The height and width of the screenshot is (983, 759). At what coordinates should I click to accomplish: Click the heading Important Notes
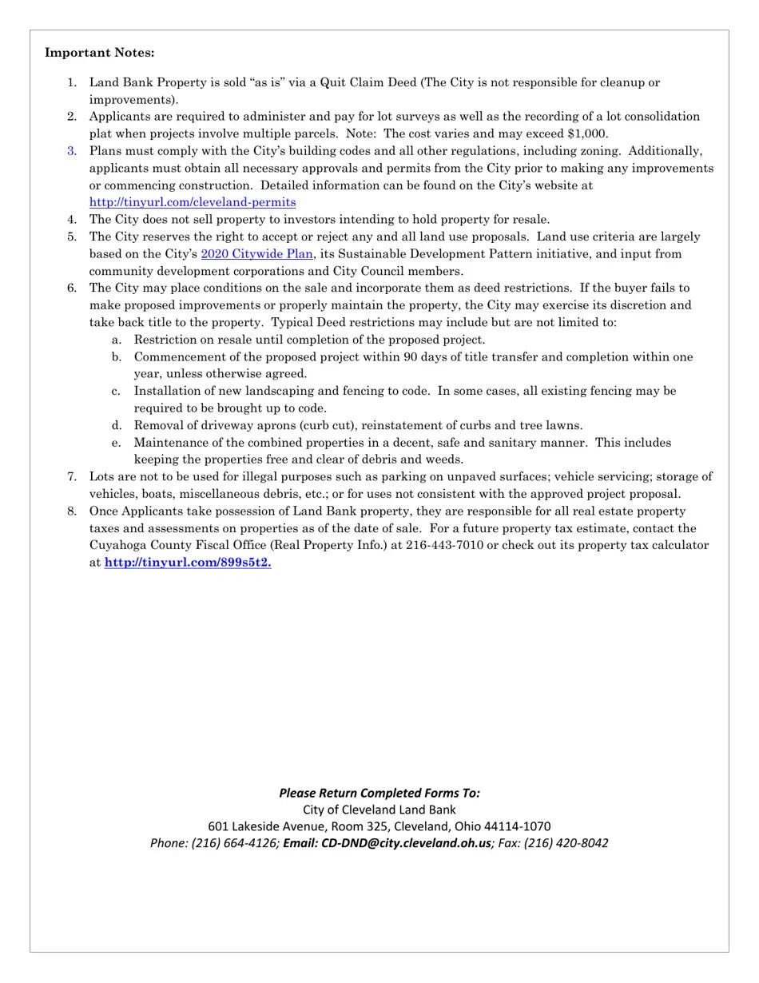click(100, 53)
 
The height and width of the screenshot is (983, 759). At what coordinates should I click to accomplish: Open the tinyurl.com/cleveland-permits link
click(193, 202)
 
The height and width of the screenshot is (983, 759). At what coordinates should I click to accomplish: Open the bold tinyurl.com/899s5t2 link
click(188, 563)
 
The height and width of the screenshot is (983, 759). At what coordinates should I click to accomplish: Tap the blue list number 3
click(72, 151)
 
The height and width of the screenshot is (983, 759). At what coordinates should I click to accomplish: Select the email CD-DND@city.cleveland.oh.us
click(407, 843)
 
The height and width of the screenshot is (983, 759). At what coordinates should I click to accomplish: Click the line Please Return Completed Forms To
click(379, 793)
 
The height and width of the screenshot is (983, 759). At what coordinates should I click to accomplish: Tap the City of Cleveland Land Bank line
click(379, 810)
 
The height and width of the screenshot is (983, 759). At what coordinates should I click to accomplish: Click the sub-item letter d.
click(117, 426)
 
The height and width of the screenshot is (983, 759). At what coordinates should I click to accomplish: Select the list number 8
click(72, 511)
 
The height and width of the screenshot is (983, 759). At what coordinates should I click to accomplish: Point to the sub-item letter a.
click(117, 340)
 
